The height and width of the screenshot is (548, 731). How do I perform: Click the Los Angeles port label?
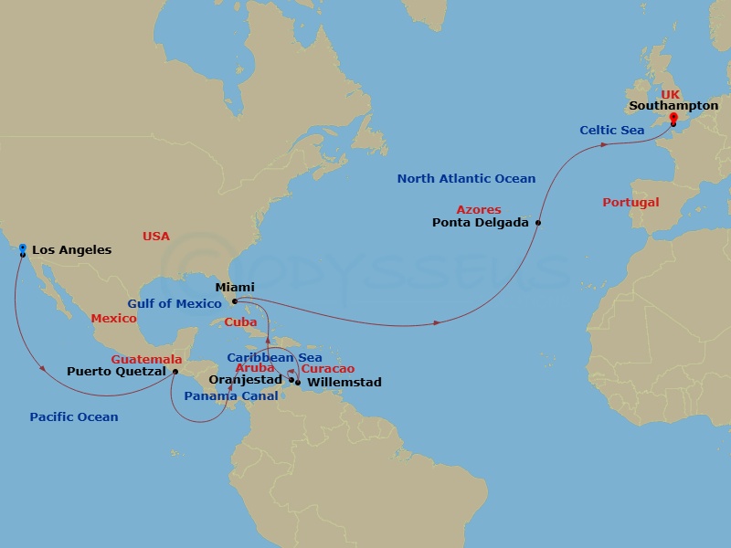pyautogui.click(x=71, y=249)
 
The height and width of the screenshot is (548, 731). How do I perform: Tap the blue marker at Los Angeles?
pyautogui.click(x=22, y=248)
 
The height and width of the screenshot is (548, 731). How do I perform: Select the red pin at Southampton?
pyautogui.click(x=673, y=118)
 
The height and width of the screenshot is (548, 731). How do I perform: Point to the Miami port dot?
pyautogui.click(x=235, y=301)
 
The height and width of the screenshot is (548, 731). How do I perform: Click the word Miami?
pyautogui.click(x=235, y=288)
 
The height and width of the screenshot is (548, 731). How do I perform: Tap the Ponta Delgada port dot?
pyautogui.click(x=538, y=223)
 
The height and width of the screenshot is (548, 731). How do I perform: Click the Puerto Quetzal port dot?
pyautogui.click(x=175, y=372)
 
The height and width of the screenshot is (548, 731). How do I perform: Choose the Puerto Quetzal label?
pyautogui.click(x=116, y=372)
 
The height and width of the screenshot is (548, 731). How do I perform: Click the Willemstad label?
pyautogui.click(x=344, y=382)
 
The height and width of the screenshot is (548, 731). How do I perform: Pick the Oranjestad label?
pyautogui.click(x=246, y=379)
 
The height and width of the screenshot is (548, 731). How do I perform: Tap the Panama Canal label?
pyautogui.click(x=231, y=396)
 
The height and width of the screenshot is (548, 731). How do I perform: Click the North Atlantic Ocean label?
pyautogui.click(x=466, y=179)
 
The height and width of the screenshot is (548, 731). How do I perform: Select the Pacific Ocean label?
pyautogui.click(x=74, y=417)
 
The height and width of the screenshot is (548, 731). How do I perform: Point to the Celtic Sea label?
pyautogui.click(x=611, y=131)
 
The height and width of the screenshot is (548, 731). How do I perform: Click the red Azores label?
pyautogui.click(x=479, y=210)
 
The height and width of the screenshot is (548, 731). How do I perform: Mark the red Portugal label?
pyautogui.click(x=630, y=203)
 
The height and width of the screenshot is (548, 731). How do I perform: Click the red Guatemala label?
pyautogui.click(x=146, y=360)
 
